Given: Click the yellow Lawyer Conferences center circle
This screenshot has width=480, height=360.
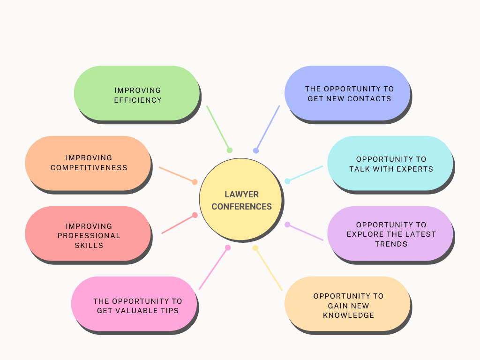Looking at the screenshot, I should pos(241,200).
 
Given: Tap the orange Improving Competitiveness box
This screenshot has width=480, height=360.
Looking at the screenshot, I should pos(88,163).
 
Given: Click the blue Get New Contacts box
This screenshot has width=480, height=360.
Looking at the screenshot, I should pos(347,93).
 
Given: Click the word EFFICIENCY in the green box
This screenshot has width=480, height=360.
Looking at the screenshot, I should pos(138,100).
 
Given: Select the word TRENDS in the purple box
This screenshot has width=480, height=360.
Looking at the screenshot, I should pos(391,244).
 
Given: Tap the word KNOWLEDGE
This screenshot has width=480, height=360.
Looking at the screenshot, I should pos(349,315).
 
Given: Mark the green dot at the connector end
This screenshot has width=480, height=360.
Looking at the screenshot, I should pos(230,150).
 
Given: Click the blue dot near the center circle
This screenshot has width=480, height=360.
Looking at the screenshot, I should pos(256,150).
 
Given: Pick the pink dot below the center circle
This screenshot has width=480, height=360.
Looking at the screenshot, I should pos(228,247).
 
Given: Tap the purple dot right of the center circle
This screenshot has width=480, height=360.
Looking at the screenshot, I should pos(287,225).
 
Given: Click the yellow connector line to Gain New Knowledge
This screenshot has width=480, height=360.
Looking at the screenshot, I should pos(269,270).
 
